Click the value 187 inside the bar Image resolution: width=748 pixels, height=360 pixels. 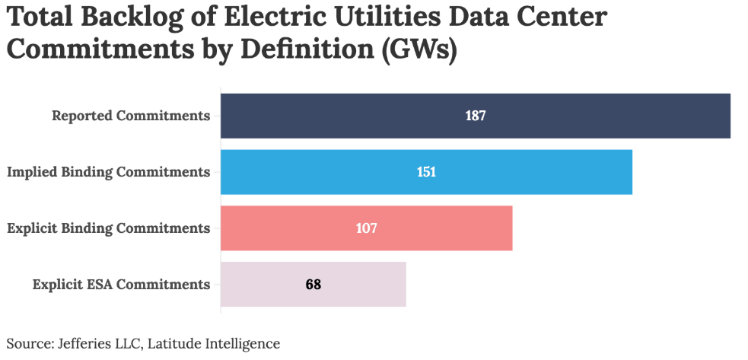pos(476,116)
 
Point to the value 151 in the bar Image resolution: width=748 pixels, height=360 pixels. pos(426,172)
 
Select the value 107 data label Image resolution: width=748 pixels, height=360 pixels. pos(367,228)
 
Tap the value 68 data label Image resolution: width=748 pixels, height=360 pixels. pos(314,285)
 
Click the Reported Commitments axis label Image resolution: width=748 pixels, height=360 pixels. pos(131,116)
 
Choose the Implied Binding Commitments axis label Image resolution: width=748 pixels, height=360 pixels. pos(108,172)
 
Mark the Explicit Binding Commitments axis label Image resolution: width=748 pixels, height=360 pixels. pos(108,228)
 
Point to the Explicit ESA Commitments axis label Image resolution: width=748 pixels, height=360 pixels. pos(121,285)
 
